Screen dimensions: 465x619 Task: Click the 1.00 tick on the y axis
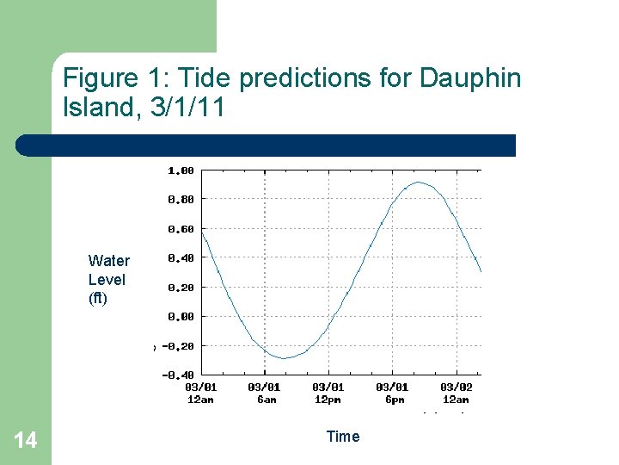(180, 170)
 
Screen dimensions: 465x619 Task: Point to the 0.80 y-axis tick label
(180, 200)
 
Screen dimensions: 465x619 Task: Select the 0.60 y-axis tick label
(180, 229)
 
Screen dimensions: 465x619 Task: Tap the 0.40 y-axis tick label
(180, 257)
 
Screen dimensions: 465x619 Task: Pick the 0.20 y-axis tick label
(180, 288)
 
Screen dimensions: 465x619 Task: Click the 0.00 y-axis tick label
(180, 317)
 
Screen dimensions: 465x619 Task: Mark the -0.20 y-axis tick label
(177, 346)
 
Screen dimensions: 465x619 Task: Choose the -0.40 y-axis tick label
(177, 375)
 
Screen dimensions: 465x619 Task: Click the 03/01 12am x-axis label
(200, 394)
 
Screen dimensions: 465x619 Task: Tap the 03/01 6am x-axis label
(264, 394)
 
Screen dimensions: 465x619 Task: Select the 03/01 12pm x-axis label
(328, 394)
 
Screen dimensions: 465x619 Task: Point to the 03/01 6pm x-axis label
(392, 394)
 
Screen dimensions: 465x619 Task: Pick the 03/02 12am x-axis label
(456, 394)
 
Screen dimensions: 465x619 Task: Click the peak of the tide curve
(418, 183)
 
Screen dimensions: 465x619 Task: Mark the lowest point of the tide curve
(285, 358)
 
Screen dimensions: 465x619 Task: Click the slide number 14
(26, 441)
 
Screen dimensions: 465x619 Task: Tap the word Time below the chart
(343, 437)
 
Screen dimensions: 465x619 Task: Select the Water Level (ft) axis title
(108, 280)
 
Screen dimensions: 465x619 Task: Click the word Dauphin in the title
(470, 79)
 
